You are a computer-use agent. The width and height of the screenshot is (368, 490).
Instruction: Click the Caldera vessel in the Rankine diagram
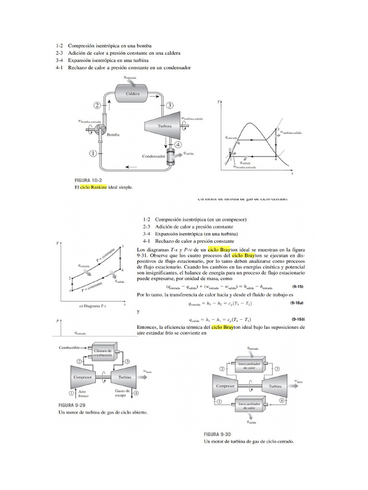coord(133,94)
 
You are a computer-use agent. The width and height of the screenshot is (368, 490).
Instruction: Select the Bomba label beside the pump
coord(113,135)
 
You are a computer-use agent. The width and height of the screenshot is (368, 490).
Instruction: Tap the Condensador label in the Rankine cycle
coord(153,156)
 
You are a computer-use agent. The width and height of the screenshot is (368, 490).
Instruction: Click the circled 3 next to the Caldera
coord(170,105)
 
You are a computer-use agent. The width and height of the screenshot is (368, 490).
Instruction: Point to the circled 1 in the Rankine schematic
coord(93,153)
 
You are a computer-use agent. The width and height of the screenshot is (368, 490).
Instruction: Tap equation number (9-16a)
coord(296,303)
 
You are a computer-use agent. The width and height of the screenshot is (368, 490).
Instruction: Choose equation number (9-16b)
coord(296,320)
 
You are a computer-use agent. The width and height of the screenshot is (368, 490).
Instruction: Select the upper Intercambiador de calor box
coord(249,366)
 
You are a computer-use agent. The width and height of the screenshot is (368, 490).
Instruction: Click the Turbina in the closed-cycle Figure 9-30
coord(275,386)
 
